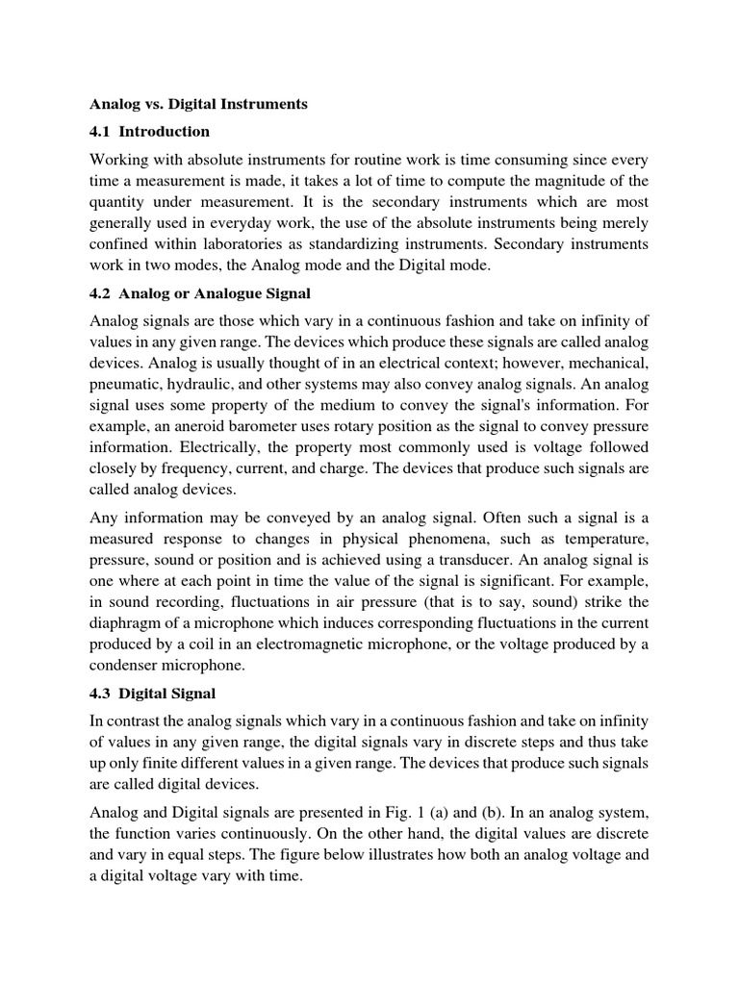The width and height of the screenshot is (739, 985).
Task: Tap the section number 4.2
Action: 101,292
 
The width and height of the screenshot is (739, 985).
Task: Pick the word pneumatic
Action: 128,373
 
